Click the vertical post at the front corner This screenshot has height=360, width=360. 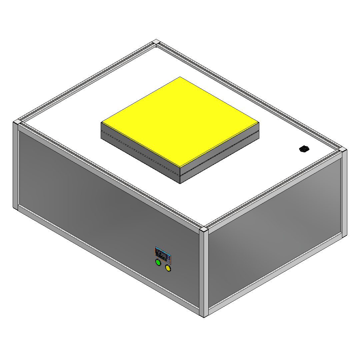point(204,273)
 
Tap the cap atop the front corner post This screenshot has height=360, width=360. point(204,229)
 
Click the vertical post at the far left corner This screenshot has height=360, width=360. point(15,167)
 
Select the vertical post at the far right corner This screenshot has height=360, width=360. point(344,193)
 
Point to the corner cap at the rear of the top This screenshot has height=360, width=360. point(156,42)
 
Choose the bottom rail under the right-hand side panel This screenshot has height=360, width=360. point(277,273)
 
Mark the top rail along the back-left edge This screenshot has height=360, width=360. point(87,80)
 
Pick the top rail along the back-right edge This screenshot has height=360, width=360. point(250,95)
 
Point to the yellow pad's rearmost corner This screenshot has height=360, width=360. point(180,77)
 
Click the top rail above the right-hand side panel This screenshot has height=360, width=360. point(273,190)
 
